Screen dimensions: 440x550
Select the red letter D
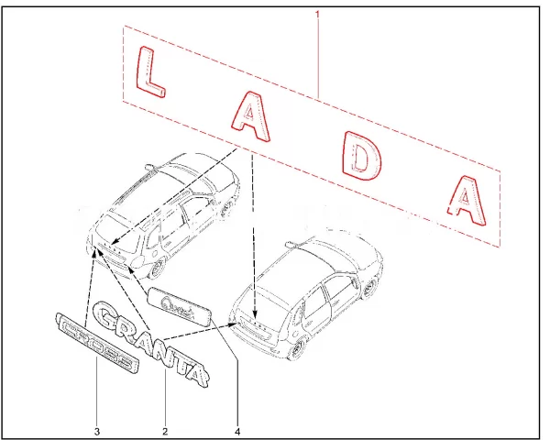(x=361, y=158)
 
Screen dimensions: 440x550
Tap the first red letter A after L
(x=248, y=115)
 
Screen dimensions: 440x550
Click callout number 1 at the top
(x=318, y=13)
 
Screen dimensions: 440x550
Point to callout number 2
(x=164, y=430)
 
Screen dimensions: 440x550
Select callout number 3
(x=96, y=430)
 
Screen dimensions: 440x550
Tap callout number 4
(x=236, y=430)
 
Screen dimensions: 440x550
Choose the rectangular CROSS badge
(x=95, y=341)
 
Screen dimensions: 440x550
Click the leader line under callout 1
(x=318, y=55)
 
